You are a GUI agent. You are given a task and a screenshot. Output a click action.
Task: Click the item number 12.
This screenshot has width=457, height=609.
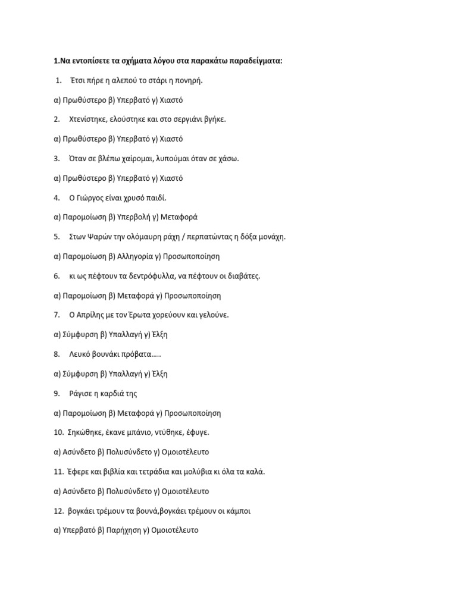58,510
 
